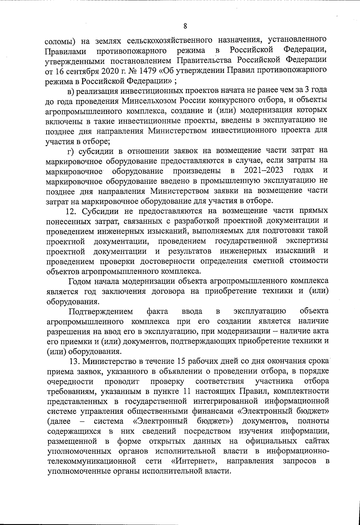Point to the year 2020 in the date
(109, 71)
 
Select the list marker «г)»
(71, 151)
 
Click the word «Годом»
(81, 281)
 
